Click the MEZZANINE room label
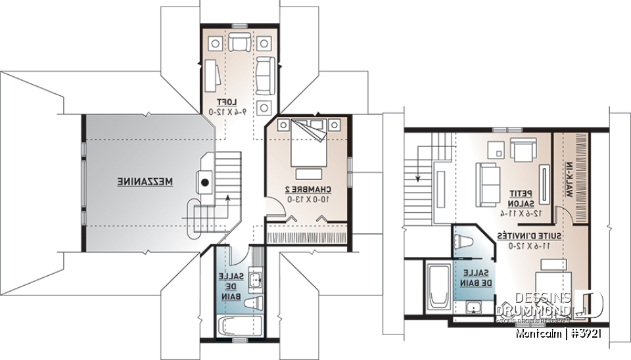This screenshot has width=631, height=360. tap(145, 180)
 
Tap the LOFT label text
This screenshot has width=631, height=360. tap(226, 102)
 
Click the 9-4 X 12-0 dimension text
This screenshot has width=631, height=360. tap(227, 112)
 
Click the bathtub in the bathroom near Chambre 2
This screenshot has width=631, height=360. tap(240, 325)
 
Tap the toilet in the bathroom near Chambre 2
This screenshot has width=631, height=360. tap(256, 302)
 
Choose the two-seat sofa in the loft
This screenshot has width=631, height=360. tap(265, 74)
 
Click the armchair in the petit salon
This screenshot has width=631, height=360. tap(523, 150)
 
